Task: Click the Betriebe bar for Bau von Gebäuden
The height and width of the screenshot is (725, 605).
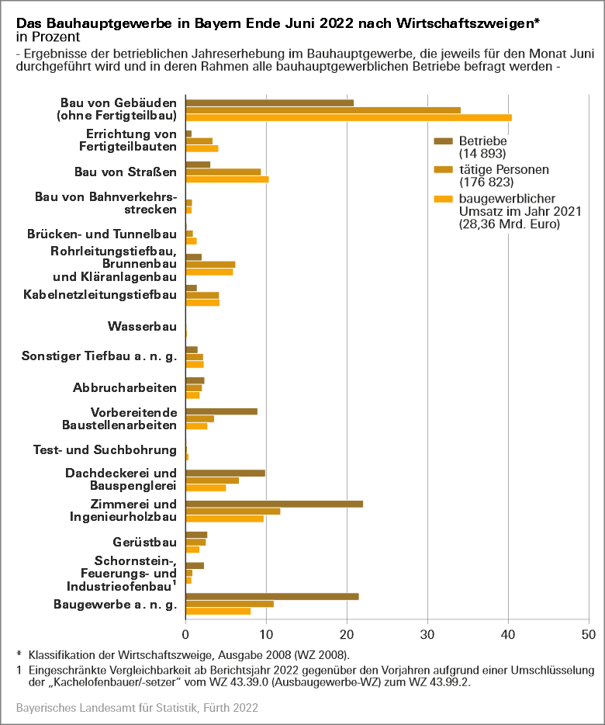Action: click(270, 102)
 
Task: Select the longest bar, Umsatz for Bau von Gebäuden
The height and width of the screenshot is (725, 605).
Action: click(349, 117)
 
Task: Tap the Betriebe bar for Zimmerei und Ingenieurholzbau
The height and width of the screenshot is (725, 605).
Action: click(275, 504)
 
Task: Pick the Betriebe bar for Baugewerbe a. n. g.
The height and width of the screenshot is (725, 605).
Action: click(272, 596)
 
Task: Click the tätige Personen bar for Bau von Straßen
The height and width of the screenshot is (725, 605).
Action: click(223, 172)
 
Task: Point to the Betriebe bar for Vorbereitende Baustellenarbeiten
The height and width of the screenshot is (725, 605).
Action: click(222, 411)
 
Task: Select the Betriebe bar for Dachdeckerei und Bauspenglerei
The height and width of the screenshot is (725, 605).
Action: click(226, 473)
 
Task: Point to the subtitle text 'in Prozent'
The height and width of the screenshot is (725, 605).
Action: click(44, 37)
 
